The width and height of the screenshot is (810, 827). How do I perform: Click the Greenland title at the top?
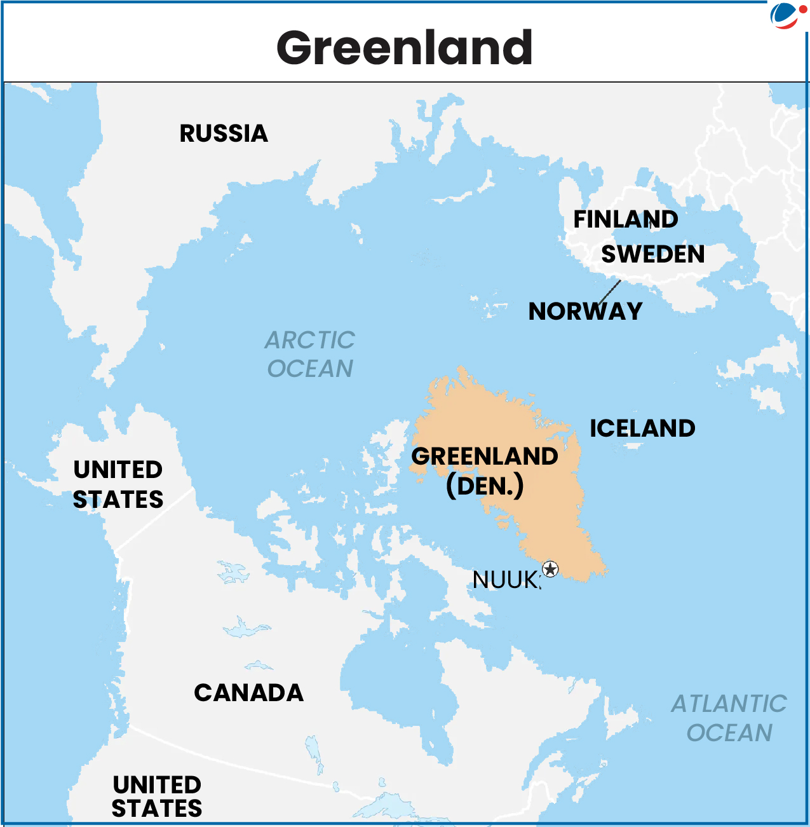405,48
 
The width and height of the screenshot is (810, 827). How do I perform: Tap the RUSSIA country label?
224,133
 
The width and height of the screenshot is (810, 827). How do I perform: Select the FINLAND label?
625,219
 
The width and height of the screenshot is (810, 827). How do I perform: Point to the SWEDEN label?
653,254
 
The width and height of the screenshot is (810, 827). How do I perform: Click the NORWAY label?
585,311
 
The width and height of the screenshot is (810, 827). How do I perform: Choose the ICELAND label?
642,428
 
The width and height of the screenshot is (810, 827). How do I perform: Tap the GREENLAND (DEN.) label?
485,470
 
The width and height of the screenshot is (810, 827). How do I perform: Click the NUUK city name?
506,580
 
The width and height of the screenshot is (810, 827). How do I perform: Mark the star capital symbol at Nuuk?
550,569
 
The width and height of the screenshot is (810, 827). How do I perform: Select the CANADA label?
248,693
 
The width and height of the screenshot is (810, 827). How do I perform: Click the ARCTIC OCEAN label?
310,354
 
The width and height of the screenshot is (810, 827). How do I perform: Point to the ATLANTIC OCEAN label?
729,718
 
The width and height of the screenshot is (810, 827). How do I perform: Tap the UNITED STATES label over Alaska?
118,484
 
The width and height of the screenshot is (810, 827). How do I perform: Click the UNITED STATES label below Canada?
157,796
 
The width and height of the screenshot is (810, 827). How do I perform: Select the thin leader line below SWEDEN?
610,292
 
